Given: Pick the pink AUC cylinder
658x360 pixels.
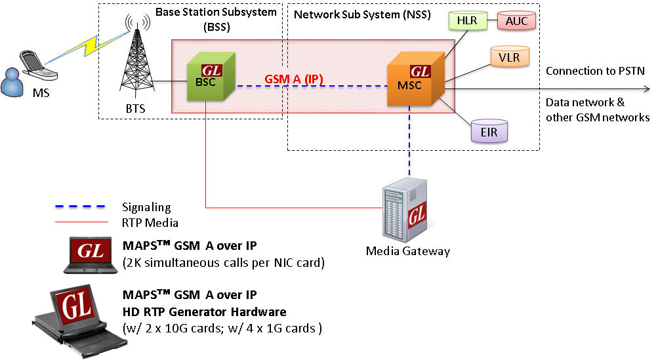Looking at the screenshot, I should pos(516,21).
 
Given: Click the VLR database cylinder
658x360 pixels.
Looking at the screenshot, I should pos(508,57).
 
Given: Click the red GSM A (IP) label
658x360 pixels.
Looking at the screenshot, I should pos(294,79).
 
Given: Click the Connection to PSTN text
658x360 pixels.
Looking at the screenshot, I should pos(595,71).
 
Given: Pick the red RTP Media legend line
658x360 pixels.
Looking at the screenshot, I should pos(79,222).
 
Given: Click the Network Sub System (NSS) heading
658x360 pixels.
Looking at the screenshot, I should pos(362,15).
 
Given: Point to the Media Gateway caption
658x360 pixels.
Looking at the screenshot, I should pos(408,250).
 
